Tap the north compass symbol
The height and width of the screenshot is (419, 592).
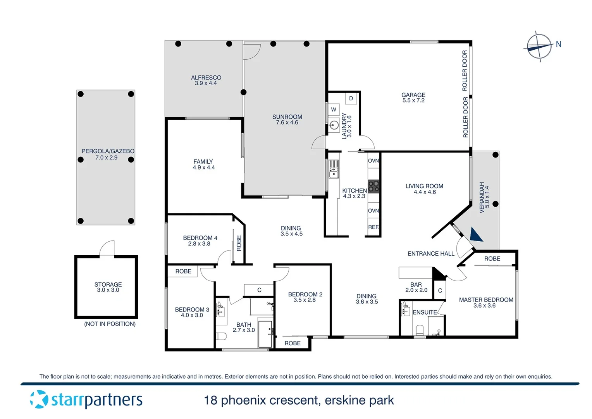click(x=540, y=47)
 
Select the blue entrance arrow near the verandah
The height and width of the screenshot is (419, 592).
click(x=476, y=235)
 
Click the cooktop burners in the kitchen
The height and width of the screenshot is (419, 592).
click(x=373, y=186)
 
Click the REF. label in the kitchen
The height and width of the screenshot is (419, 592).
click(x=373, y=227)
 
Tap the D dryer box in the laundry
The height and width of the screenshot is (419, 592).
click(x=351, y=99)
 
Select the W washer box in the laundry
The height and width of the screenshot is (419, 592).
click(x=334, y=109)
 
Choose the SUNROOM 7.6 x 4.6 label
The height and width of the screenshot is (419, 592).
click(x=287, y=119)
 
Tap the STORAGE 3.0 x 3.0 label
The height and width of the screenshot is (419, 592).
click(x=108, y=287)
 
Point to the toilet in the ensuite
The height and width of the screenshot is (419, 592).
click(x=420, y=330)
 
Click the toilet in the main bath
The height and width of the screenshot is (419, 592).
click(x=221, y=336)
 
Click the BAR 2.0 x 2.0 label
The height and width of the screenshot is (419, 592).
click(x=416, y=287)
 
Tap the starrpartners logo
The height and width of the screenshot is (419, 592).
click(x=86, y=400)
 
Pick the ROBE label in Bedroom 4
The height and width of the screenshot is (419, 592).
click(x=239, y=243)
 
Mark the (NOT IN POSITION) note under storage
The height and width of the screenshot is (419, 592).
click(x=110, y=324)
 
